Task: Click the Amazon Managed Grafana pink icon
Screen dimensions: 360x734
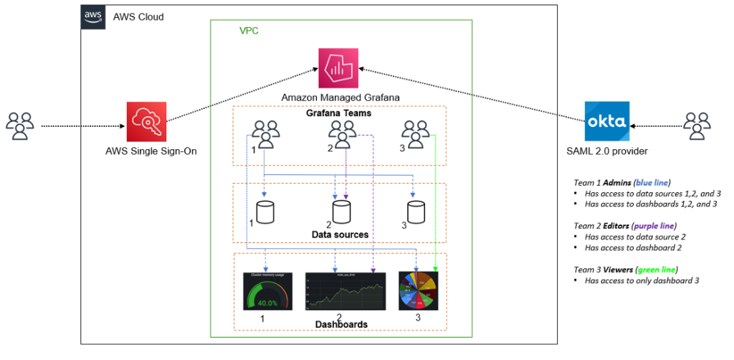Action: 338,69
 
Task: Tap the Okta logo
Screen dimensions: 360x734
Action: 606,121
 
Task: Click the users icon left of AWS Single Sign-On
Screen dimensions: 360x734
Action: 20,126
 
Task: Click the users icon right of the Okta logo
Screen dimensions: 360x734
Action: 696,126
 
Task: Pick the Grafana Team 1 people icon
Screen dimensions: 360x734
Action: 265,133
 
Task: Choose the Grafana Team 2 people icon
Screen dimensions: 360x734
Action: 343,133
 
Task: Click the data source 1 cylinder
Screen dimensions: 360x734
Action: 266,212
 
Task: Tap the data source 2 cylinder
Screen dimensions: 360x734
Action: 341,212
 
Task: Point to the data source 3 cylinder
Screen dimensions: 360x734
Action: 416,212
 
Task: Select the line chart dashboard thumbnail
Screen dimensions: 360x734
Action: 341,290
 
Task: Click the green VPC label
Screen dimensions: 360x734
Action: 249,32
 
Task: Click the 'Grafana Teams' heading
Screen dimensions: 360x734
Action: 338,113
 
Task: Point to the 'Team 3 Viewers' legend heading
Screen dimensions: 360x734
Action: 626,270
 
